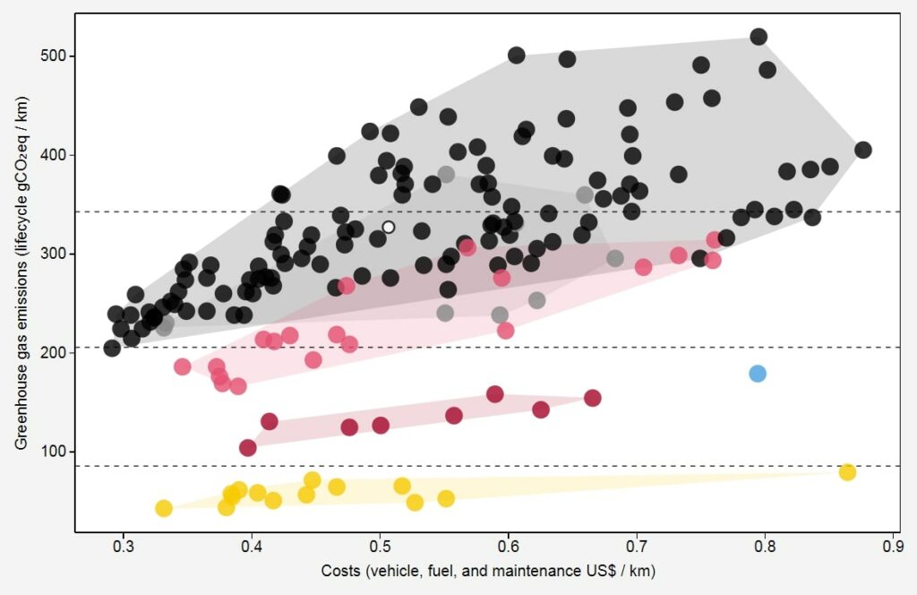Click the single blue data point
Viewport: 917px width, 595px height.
point(758,374)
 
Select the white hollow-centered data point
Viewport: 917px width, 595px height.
point(389,228)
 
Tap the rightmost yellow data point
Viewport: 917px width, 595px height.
point(847,472)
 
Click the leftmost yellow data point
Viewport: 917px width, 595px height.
point(164,508)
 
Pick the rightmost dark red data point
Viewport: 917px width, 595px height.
point(592,398)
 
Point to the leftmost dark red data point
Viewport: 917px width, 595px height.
point(248,447)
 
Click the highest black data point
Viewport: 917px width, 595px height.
point(758,37)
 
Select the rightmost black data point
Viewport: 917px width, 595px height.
point(863,150)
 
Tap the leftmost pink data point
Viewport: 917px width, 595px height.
point(183,366)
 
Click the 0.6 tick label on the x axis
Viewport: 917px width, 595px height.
point(509,546)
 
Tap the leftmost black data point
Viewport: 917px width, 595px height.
point(112,349)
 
